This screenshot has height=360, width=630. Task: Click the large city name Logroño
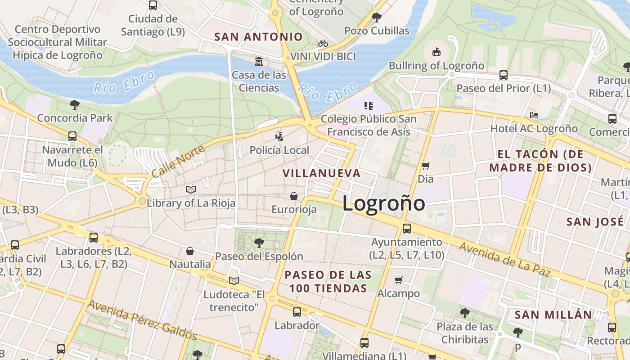pyautogui.click(x=383, y=203)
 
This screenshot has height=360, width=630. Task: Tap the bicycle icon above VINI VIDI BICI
pyautogui.click(x=323, y=44)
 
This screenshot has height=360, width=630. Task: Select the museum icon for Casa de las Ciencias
pyautogui.click(x=259, y=61)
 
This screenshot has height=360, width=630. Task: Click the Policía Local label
pyautogui.click(x=279, y=150)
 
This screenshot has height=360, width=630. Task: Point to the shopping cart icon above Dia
pyautogui.click(x=425, y=166)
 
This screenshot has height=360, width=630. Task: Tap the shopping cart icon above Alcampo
pyautogui.click(x=398, y=280)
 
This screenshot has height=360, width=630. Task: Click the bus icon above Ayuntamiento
pyautogui.click(x=406, y=229)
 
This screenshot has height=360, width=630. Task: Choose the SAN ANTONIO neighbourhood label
pyautogui.click(x=258, y=37)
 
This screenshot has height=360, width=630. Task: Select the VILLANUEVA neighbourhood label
pyautogui.click(x=322, y=173)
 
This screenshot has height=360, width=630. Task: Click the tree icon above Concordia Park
pyautogui.click(x=75, y=105)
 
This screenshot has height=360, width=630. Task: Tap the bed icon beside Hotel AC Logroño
pyautogui.click(x=534, y=115)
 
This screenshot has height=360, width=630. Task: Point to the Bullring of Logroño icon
pyautogui.click(x=436, y=52)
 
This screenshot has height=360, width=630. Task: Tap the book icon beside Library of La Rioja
pyautogui.click(x=191, y=190)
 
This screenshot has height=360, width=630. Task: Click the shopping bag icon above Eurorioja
pyautogui.click(x=294, y=196)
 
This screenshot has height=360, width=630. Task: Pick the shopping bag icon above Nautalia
pyautogui.click(x=190, y=251)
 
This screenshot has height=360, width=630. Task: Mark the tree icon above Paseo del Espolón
pyautogui.click(x=259, y=243)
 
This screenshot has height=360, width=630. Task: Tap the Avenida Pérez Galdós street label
pyautogui.click(x=142, y=320)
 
